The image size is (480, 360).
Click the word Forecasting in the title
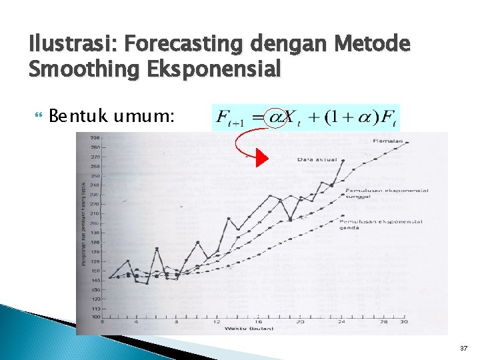tap(187, 45)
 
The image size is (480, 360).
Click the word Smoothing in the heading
tap(85, 68)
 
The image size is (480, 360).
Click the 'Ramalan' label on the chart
tap(388, 140)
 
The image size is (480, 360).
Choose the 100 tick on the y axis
tap(96, 317)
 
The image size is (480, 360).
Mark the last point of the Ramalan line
tap(407, 143)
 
